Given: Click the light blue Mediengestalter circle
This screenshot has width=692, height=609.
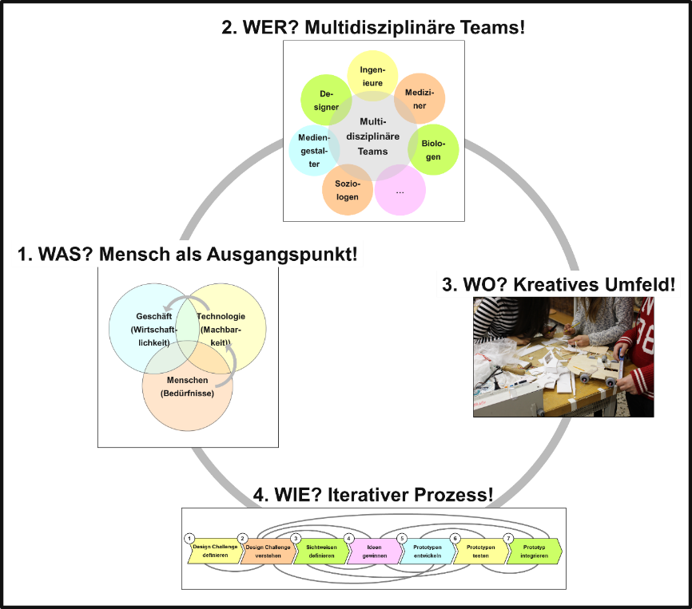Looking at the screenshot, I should [311, 150].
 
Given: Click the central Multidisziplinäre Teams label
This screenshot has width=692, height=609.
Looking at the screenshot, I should [373, 136].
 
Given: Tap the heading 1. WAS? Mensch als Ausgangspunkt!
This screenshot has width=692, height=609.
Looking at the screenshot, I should [188, 255].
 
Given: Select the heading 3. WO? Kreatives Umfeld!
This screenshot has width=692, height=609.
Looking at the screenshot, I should [559, 283].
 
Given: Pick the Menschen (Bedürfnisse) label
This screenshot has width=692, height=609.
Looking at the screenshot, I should [187, 386].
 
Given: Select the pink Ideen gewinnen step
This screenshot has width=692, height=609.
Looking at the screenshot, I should [372, 552].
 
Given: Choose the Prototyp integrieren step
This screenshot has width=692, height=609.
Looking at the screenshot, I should [534, 552].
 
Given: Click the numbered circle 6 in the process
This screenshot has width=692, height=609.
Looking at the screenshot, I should [455, 539].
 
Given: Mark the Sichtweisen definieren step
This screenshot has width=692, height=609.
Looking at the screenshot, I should [320, 552].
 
